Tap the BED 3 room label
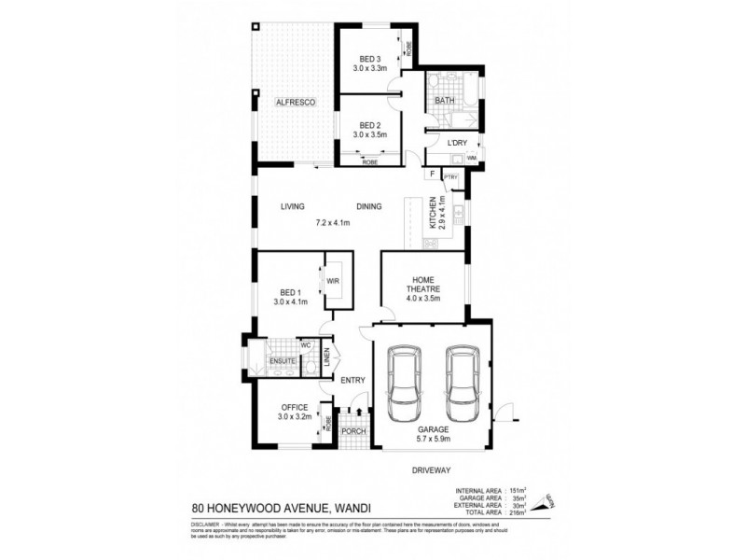370,58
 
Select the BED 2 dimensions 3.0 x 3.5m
370,135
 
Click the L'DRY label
456,142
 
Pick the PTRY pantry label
449,175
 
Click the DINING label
370,207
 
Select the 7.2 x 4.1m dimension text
332,222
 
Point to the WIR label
333,280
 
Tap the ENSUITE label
283,360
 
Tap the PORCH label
352,431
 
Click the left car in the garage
405,383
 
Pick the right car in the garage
462,383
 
